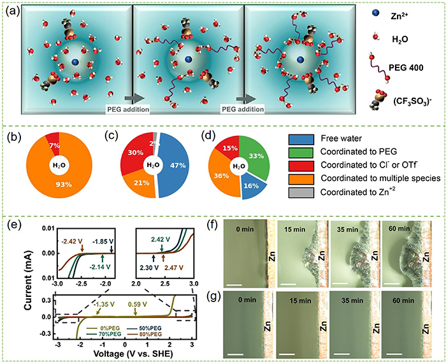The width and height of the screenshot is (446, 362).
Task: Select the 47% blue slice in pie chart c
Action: point(172,164)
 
